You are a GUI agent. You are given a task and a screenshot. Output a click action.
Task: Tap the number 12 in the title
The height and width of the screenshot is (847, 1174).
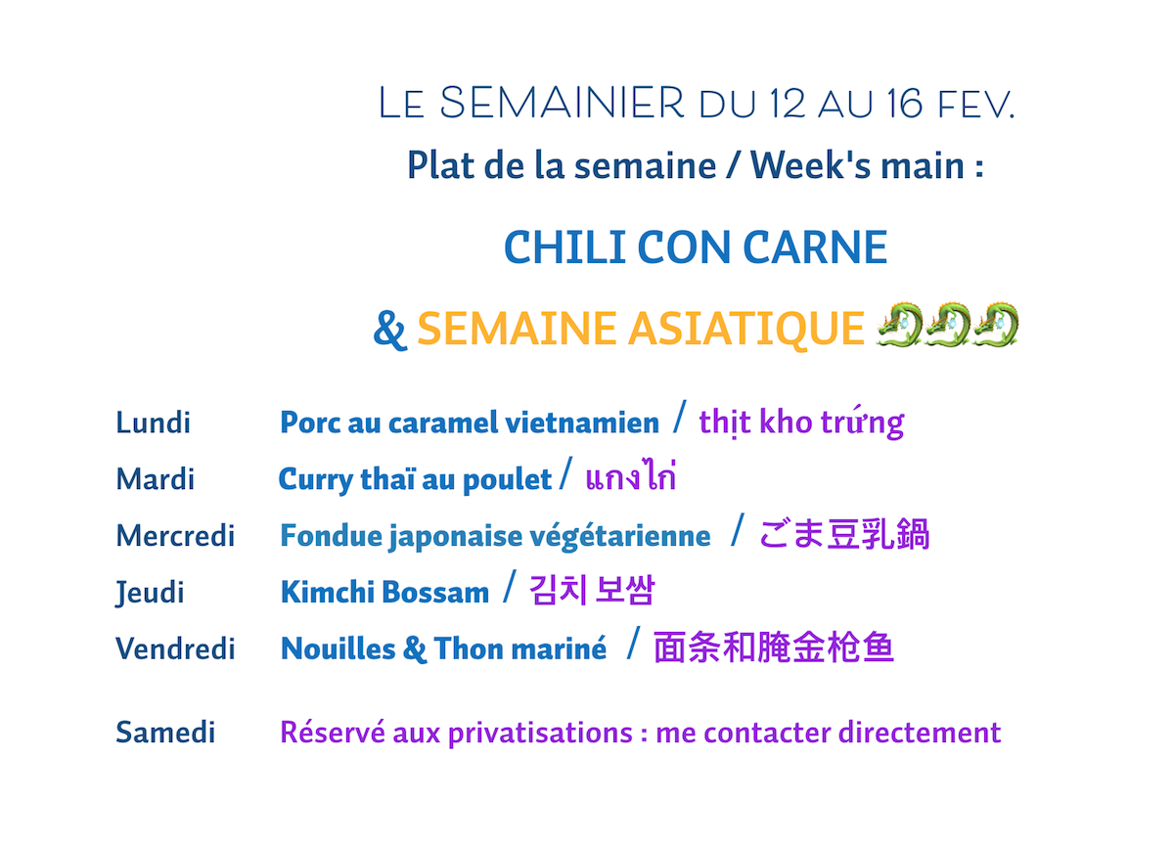pyautogui.click(x=788, y=104)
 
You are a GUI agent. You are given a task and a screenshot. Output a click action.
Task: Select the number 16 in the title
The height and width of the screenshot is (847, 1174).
pyautogui.click(x=905, y=104)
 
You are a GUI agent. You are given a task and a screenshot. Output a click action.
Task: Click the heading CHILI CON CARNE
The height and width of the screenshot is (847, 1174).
pyautogui.click(x=696, y=246)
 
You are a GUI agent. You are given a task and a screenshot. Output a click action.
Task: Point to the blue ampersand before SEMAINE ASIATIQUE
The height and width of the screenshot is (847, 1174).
pyautogui.click(x=389, y=329)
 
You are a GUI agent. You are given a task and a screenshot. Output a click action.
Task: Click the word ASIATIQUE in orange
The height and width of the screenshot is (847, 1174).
pyautogui.click(x=746, y=330)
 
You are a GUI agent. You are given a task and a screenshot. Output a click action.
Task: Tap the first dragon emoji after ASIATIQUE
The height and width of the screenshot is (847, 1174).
pyautogui.click(x=899, y=324)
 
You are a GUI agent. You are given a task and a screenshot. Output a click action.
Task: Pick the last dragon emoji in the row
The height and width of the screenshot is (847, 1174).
pyautogui.click(x=995, y=324)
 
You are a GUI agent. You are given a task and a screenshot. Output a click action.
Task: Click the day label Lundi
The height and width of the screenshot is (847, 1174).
pyautogui.click(x=153, y=423)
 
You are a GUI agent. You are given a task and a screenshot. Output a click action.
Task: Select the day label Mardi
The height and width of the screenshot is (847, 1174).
pyautogui.click(x=156, y=479)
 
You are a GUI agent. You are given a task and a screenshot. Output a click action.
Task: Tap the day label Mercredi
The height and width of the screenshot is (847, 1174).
pyautogui.click(x=175, y=535)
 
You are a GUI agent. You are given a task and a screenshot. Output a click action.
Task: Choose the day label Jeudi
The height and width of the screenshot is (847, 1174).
pyautogui.click(x=150, y=593)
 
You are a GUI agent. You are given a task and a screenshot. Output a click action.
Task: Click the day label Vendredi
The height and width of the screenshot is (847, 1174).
pyautogui.click(x=175, y=648)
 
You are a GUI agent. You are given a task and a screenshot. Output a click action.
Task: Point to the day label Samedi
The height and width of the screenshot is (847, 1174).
pyautogui.click(x=165, y=732)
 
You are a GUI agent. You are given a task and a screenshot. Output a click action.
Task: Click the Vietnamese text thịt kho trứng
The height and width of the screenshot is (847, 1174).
pyautogui.click(x=802, y=423)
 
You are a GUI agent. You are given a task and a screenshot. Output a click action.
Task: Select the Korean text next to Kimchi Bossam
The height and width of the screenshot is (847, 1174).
pyautogui.click(x=592, y=590)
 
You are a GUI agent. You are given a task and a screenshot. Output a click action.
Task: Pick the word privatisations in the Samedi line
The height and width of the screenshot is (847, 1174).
pyautogui.click(x=540, y=733)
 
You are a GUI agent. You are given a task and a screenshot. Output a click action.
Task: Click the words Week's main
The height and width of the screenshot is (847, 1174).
pyautogui.click(x=857, y=165)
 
